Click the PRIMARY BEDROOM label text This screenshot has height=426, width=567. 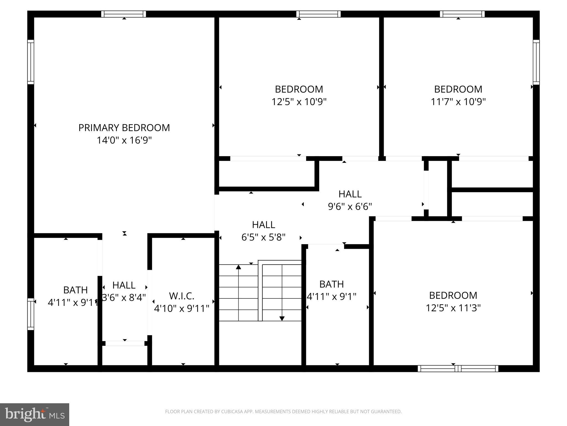point(124,128)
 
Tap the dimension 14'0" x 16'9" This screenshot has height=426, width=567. point(124,140)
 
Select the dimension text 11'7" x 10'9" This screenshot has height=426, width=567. point(458,102)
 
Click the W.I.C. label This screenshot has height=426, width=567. point(182,296)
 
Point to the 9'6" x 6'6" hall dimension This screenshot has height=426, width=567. point(350,207)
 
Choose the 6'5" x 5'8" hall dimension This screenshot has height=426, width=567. point(263,237)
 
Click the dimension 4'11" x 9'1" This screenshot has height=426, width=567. point(331,297)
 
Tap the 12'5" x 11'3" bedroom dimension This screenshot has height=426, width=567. point(453,308)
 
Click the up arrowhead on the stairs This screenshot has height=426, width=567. point(238,267)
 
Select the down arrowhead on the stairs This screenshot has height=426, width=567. point(282,318)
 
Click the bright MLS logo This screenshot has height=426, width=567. point(35,414)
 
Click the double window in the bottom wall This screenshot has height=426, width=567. point(458,369)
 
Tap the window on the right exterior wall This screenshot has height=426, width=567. point(536,62)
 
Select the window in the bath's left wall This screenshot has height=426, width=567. point(30,314)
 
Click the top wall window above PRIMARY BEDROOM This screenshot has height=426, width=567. point(123,14)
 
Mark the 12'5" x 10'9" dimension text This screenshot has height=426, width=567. point(299,102)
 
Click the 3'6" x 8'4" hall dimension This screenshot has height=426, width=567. point(124,298)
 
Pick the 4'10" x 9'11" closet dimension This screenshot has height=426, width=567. point(182,308)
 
